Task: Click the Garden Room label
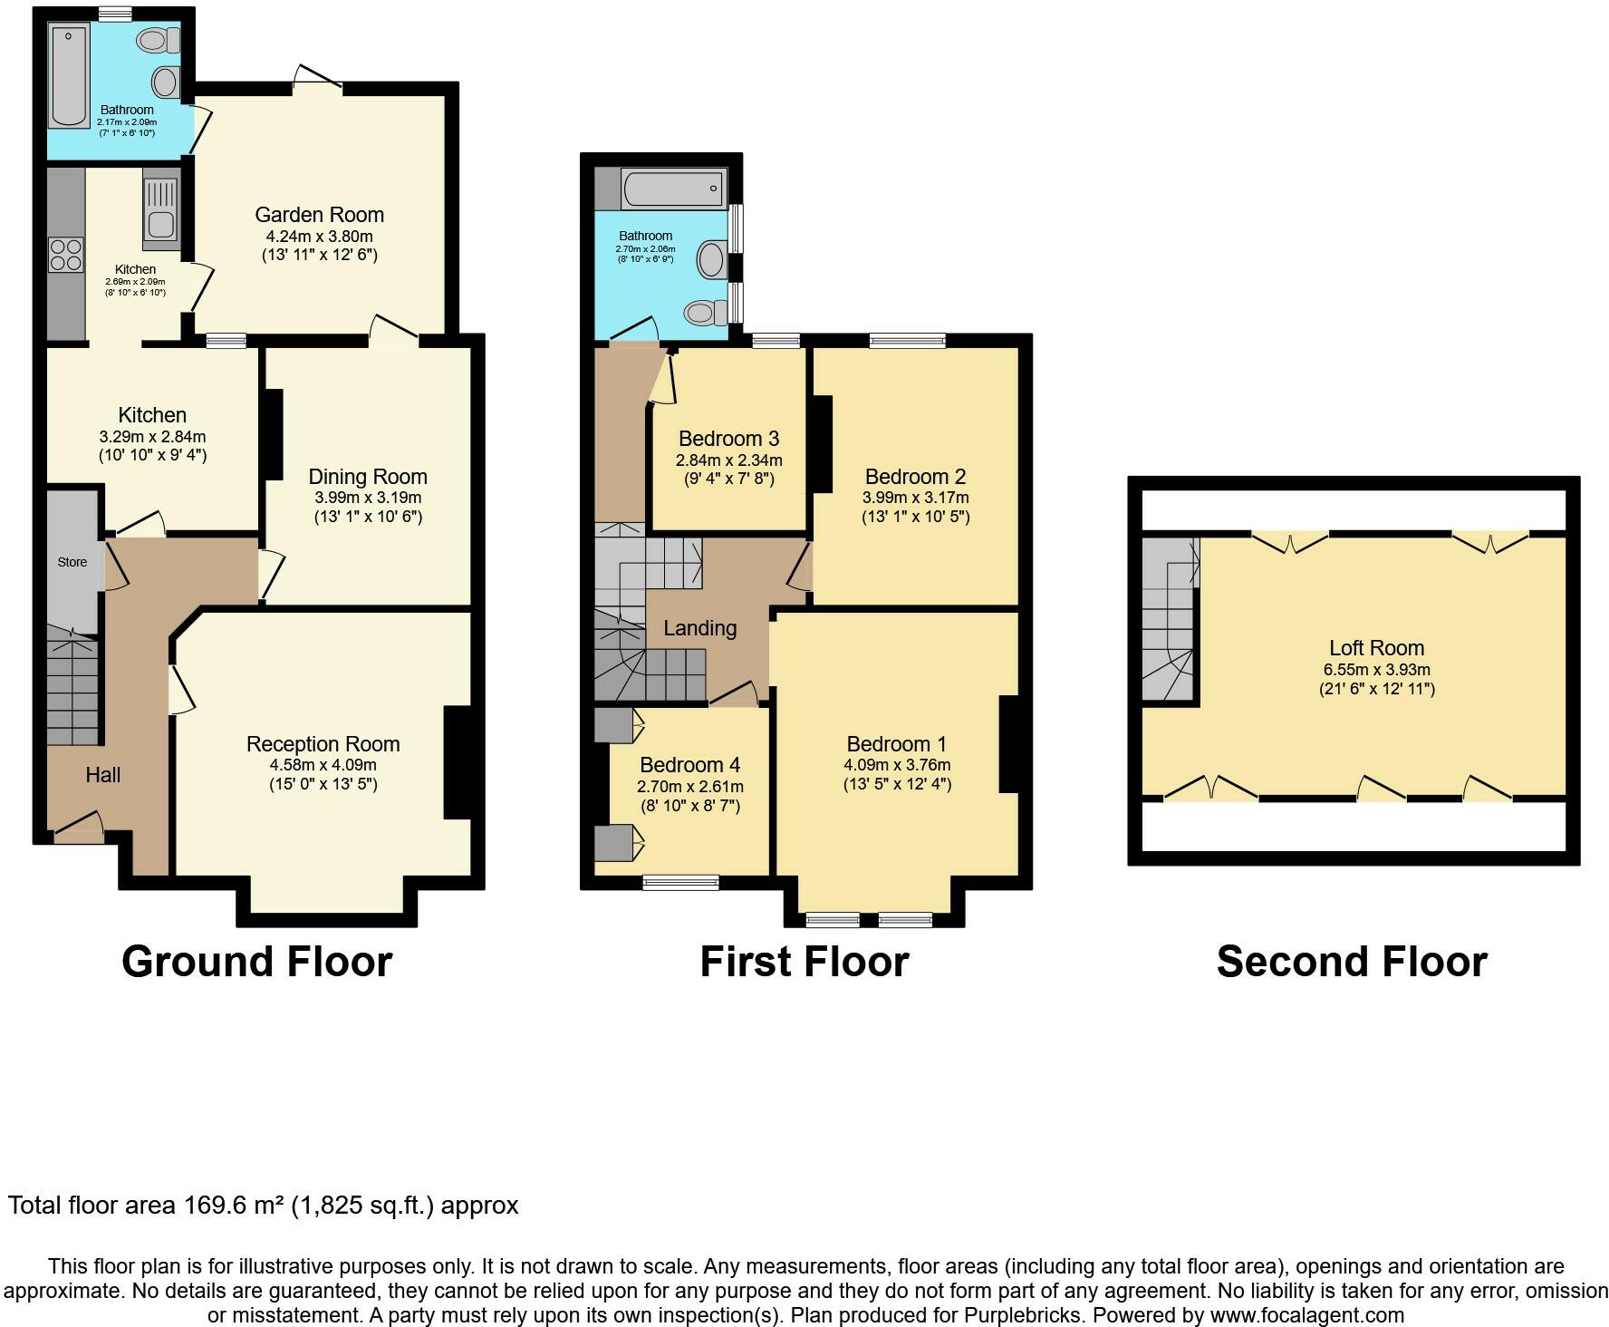(x=319, y=215)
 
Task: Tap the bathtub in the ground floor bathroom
(x=70, y=76)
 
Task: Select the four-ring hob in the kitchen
(x=66, y=254)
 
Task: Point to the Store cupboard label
(x=72, y=562)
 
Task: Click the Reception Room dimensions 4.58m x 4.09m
(x=323, y=765)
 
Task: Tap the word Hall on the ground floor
(x=103, y=775)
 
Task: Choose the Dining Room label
(x=368, y=477)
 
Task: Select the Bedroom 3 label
(x=728, y=439)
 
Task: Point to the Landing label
(x=700, y=628)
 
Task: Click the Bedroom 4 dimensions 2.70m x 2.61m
(x=690, y=787)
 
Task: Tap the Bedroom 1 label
(x=897, y=744)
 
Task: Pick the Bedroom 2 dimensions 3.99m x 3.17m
(x=916, y=498)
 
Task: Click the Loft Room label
(x=1376, y=648)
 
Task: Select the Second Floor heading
(x=1352, y=962)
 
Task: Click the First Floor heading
(x=804, y=962)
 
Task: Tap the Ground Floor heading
(x=257, y=962)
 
